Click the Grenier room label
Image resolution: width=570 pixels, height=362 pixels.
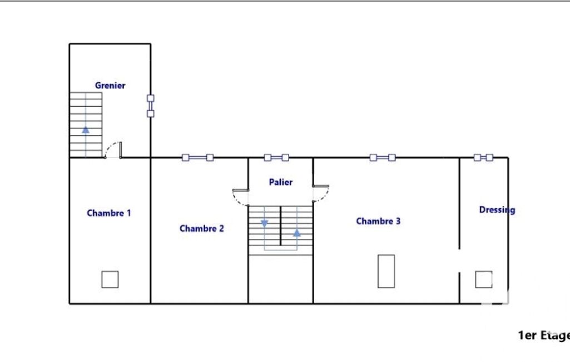tap(110, 86)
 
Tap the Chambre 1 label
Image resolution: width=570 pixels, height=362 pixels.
tap(108, 213)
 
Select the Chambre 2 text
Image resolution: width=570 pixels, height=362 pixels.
tap(202, 228)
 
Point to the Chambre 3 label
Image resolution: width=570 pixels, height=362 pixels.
tap(378, 221)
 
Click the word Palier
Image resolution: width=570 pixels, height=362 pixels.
tap(281, 182)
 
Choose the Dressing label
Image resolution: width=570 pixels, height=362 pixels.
tap(497, 210)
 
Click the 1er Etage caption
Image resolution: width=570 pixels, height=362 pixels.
tap(544, 335)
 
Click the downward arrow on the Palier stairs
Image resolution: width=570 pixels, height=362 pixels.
tap(265, 223)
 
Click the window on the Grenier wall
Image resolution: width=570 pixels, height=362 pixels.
tap(151, 106)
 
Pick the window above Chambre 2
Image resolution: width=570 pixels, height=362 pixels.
tap(198, 158)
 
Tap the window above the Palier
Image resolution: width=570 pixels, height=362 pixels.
tap(276, 158)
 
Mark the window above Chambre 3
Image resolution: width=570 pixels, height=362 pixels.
tap(383, 158)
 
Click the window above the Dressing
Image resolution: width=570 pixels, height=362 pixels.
tap(483, 157)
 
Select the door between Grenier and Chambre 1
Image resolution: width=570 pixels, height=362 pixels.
tap(113, 150)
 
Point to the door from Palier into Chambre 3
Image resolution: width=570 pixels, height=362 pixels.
tap(321, 193)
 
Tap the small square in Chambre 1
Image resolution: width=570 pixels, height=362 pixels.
tap(110, 280)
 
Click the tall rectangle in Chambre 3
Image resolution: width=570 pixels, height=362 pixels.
tap(386, 271)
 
